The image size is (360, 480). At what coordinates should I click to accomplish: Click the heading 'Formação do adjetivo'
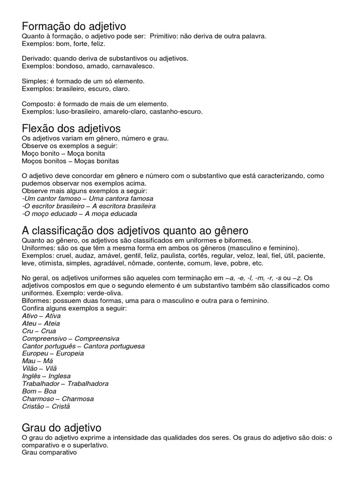74,26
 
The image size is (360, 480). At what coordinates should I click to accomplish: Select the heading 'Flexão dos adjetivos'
71,128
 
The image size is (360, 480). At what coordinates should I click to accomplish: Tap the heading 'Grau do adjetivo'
61,427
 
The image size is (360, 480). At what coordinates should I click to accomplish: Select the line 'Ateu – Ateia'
41,323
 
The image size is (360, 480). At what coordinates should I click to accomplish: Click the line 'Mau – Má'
37,361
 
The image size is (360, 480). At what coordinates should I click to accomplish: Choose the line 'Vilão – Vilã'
39,368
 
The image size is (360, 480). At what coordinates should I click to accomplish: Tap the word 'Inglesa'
59,376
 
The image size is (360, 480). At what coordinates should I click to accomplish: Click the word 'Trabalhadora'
88,383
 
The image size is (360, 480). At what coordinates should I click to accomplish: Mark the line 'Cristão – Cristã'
46,406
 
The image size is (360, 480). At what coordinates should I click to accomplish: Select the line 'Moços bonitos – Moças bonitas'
70,161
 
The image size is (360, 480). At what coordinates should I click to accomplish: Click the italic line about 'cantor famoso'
88,198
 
